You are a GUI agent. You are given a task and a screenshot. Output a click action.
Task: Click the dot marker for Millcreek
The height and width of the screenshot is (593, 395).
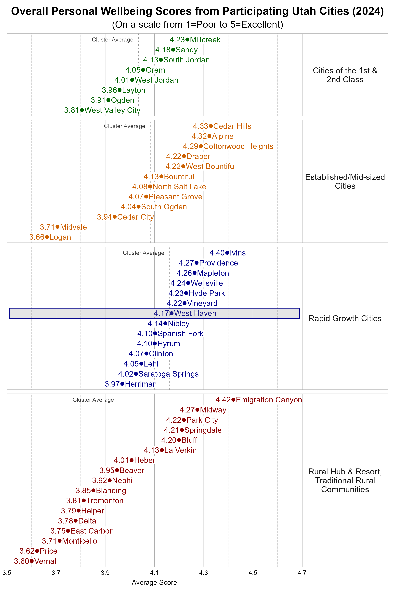click(x=187, y=40)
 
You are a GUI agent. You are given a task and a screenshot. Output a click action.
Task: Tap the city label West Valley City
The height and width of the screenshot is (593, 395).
click(x=112, y=110)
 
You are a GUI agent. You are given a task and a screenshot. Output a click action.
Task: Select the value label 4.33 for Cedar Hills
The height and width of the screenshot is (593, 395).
click(x=200, y=126)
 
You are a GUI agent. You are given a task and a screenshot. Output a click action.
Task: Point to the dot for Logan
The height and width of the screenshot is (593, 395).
click(x=47, y=237)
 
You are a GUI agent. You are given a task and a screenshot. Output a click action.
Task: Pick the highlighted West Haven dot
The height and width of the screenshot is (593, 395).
click(x=171, y=313)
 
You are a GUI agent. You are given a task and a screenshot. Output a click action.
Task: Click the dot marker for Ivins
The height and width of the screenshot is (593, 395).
click(x=227, y=253)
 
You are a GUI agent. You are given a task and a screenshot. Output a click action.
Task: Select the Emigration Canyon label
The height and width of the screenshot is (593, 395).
click(x=269, y=400)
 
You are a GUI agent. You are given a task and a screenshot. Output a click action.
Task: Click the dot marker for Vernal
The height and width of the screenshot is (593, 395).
click(x=31, y=561)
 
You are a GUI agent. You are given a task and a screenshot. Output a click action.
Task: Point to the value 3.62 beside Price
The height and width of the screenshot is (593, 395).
click(x=27, y=551)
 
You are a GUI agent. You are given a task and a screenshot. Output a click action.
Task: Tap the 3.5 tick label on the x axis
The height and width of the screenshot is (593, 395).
click(x=7, y=573)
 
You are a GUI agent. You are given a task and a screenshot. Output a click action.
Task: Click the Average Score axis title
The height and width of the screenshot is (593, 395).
click(x=154, y=582)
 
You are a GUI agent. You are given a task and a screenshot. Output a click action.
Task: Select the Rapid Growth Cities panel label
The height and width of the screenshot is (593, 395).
click(x=345, y=318)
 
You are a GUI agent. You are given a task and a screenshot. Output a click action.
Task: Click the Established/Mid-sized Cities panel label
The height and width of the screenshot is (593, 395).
click(x=345, y=182)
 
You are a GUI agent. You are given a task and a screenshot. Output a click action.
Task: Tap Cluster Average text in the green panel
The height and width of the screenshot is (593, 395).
click(x=112, y=40)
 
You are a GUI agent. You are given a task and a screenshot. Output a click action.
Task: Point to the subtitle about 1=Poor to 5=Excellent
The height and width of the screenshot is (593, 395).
click(x=197, y=24)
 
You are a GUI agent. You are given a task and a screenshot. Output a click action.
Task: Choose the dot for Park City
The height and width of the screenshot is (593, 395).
click(x=184, y=420)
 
